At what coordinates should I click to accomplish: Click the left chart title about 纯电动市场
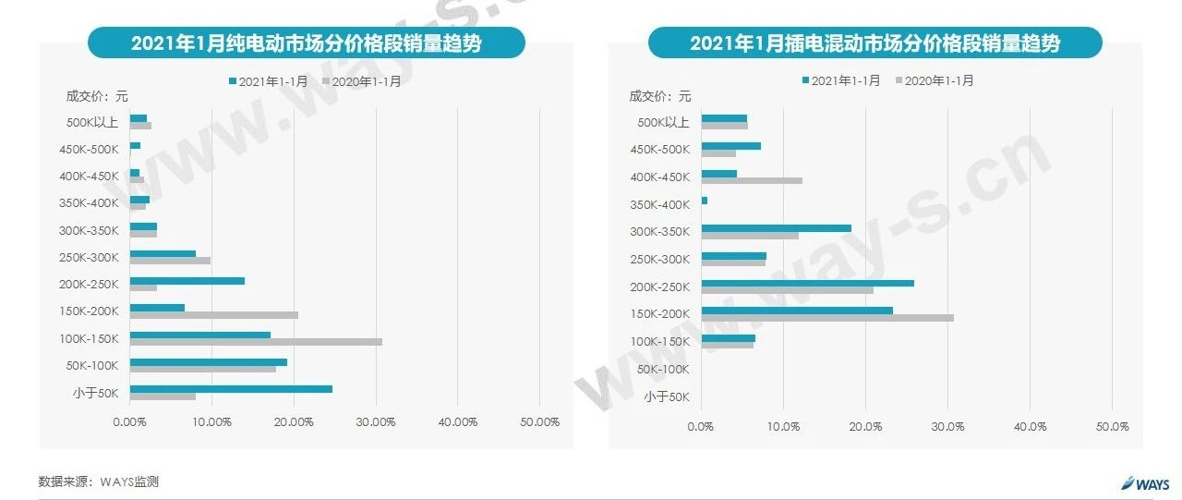(x=306, y=43)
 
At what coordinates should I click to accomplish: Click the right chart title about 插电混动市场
(x=874, y=43)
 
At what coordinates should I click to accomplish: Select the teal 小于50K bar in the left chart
(x=231, y=389)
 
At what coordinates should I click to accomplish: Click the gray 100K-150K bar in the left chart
(x=256, y=342)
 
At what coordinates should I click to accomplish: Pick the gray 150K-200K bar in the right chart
(x=827, y=318)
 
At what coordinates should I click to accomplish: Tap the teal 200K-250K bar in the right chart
(x=807, y=283)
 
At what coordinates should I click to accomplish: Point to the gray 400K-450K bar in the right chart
(x=752, y=180)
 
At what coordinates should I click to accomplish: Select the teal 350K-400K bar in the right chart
(x=705, y=201)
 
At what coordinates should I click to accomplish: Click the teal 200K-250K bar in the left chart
(x=187, y=281)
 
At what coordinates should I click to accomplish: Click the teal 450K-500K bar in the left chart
(x=136, y=146)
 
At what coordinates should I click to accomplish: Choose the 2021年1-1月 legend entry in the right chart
(x=841, y=80)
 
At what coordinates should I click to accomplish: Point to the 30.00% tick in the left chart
(x=376, y=422)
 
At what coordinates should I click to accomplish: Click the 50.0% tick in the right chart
(x=1112, y=427)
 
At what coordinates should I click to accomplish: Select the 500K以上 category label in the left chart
(x=93, y=122)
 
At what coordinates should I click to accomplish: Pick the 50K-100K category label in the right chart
(x=662, y=370)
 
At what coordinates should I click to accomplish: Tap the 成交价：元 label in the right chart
(x=659, y=95)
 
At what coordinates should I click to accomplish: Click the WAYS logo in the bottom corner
(x=1145, y=483)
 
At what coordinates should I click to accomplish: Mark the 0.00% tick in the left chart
(x=129, y=422)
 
